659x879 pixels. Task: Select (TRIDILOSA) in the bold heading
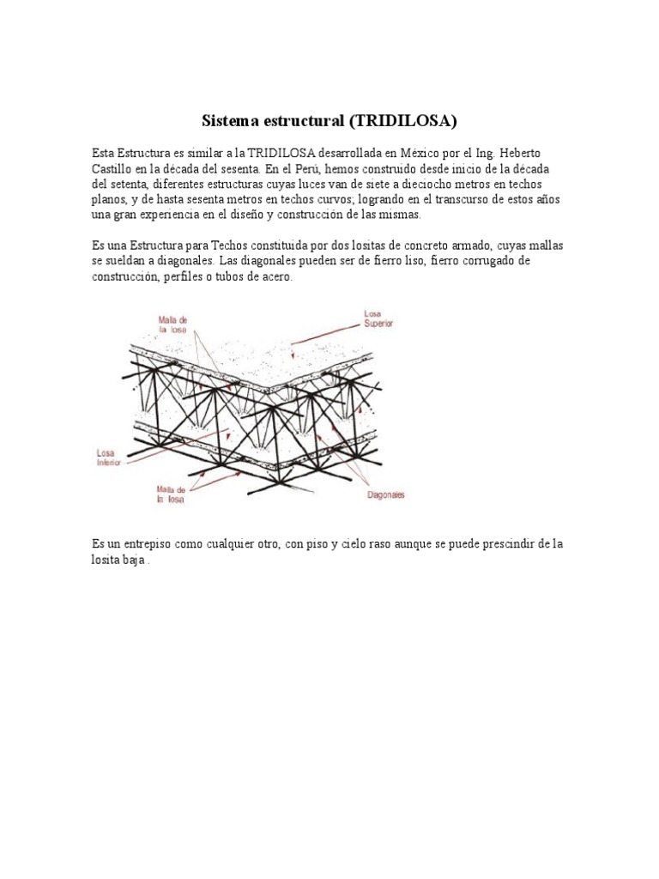point(402,119)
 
